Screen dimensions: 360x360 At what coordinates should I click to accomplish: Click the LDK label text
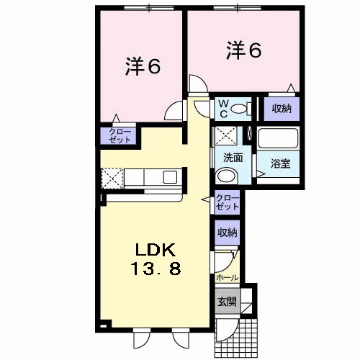[156, 250]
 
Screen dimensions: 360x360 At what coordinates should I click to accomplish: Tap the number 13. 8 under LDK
[156, 268]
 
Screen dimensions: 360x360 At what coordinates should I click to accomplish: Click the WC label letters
[223, 109]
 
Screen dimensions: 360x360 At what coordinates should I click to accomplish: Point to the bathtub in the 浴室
[278, 138]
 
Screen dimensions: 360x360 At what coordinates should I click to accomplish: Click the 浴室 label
[280, 163]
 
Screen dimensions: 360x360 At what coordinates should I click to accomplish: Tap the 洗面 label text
[233, 158]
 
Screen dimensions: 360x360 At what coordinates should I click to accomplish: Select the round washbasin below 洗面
[226, 176]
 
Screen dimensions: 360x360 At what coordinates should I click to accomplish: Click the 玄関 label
[227, 302]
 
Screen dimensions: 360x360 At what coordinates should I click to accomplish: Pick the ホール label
[228, 278]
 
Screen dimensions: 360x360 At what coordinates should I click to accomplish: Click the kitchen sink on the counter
[170, 177]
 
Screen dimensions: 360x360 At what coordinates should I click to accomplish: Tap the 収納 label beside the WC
[282, 109]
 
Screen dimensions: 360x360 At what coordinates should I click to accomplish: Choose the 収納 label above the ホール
[227, 232]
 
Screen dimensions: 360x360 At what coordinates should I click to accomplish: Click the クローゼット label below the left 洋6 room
[120, 135]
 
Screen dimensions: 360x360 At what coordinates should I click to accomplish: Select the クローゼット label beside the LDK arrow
[228, 202]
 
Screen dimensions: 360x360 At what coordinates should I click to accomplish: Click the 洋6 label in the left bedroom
[143, 66]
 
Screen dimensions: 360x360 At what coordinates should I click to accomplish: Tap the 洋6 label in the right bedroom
[243, 50]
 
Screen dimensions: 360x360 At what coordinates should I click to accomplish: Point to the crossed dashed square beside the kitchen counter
[112, 179]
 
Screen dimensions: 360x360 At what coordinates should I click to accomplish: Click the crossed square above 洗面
[226, 135]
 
